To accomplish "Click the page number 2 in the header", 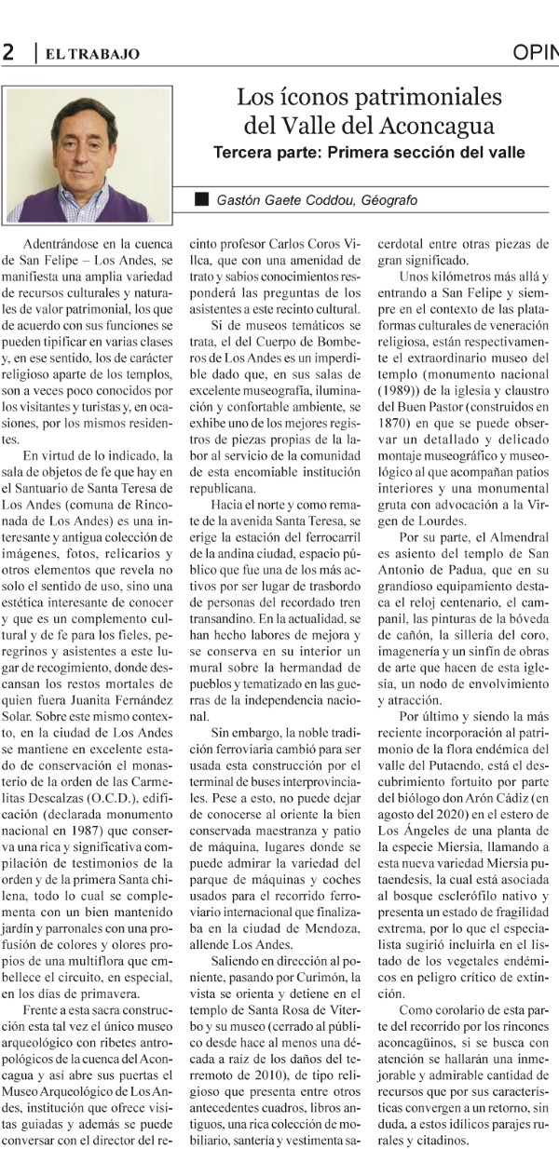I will tap(8, 53).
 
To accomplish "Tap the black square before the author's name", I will tap(201, 199).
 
